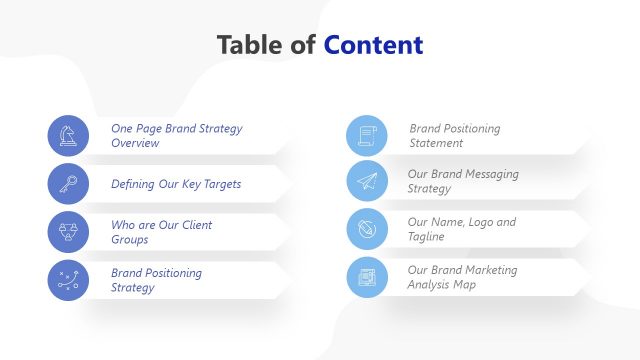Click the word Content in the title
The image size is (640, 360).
(x=373, y=45)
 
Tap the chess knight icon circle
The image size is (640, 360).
(x=68, y=136)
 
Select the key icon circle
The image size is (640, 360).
(x=68, y=184)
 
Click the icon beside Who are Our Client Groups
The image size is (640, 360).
(x=68, y=232)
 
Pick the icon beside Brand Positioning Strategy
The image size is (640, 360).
(x=68, y=280)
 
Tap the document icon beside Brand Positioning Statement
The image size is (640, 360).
(x=367, y=136)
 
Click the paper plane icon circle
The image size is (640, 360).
(x=367, y=181)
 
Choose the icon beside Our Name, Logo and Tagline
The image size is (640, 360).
(x=367, y=229)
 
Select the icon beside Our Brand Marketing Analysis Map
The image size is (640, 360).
(x=367, y=277)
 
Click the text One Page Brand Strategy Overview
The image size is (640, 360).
(x=176, y=136)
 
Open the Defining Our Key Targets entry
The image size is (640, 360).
(x=175, y=184)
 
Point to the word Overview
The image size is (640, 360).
(x=135, y=144)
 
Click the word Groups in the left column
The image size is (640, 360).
(x=130, y=240)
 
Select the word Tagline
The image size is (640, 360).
(x=426, y=237)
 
